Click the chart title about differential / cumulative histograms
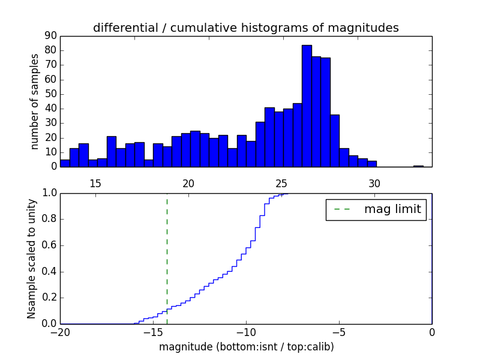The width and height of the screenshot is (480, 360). [245, 28]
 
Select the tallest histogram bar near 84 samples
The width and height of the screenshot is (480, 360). [307, 106]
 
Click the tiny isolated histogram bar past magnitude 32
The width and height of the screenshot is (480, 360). [418, 166]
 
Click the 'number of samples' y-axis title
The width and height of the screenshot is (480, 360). [35, 101]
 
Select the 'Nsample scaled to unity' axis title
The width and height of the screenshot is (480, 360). [31, 259]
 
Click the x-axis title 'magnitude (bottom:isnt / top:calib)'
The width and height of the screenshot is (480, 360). [246, 347]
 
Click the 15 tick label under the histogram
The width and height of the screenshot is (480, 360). [95, 183]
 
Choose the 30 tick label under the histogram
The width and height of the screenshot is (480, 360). [374, 183]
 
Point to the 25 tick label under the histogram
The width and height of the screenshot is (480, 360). [281, 183]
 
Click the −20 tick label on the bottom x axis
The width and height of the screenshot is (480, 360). [60, 332]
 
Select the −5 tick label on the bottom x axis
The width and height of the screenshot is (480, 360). [339, 332]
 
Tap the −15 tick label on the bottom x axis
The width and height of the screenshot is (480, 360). [153, 332]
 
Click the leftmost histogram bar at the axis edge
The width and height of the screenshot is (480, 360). [65, 163]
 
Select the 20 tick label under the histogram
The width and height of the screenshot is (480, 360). [188, 183]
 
